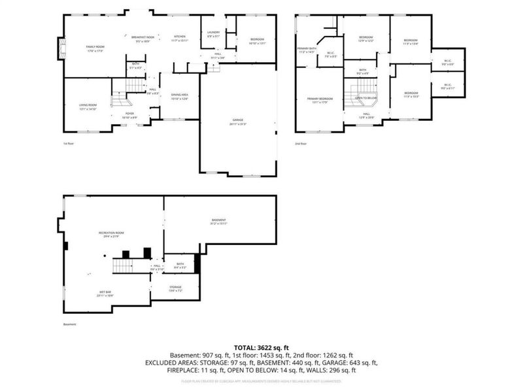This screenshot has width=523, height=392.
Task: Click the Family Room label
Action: [95, 48]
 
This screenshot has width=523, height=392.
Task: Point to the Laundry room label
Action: [213, 33]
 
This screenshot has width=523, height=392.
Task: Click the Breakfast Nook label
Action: [143, 38]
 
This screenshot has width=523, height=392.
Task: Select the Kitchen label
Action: [179, 37]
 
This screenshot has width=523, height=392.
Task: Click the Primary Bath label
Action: [307, 49]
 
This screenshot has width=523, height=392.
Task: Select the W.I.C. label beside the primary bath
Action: [330, 54]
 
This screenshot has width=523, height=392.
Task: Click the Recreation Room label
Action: [111, 233]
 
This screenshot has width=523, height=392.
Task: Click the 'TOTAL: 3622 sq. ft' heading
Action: [261, 348]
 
